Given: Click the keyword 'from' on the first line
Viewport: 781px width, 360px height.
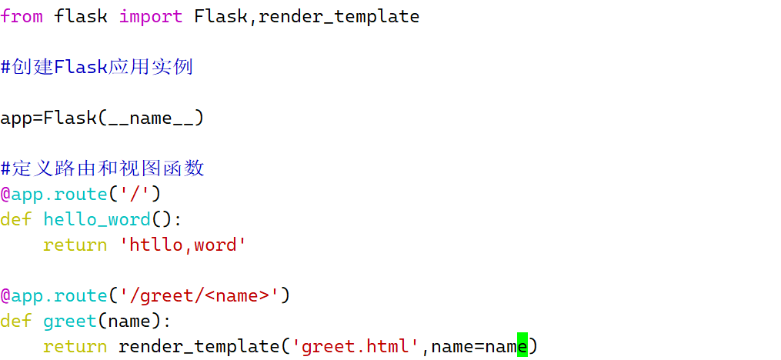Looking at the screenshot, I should [22, 16].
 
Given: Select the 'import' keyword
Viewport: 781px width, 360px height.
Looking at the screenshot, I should [151, 16].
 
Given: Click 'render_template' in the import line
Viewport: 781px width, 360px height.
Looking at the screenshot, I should [339, 16].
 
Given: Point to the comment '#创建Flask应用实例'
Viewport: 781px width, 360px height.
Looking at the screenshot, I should [96, 67].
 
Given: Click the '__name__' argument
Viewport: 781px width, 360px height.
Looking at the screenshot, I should [151, 118].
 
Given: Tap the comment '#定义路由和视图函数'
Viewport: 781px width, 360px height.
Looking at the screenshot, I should [102, 168].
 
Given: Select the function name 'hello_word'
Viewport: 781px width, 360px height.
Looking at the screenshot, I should [96, 219].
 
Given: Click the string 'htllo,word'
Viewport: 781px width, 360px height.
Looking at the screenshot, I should [182, 245].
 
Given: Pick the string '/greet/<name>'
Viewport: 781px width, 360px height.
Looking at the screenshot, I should [199, 295].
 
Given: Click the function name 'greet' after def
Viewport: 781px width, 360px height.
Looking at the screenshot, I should [69, 321].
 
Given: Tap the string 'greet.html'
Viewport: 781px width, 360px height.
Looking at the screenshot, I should [355, 346].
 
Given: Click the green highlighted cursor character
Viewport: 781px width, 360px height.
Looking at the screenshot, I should [522, 346].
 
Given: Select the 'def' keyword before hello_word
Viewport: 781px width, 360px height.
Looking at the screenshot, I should [15, 219].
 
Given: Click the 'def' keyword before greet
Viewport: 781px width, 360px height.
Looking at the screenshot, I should [15, 321].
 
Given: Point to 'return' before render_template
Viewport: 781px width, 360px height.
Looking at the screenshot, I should [75, 346].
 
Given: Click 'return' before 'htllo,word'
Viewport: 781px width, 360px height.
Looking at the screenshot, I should [75, 245].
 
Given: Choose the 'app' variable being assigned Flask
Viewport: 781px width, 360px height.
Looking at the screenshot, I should [15, 118].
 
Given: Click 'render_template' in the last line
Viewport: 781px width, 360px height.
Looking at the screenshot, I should [199, 346].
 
